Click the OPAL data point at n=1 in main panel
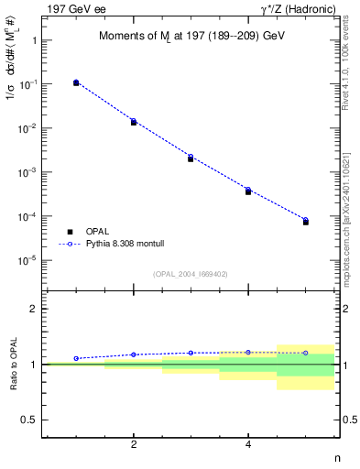(x=76, y=82)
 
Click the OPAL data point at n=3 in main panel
(x=191, y=158)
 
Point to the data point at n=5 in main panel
(x=305, y=221)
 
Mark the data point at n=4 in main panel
(x=248, y=191)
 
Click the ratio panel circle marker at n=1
(x=76, y=358)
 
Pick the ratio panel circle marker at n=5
(x=305, y=353)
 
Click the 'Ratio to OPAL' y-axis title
(x=13, y=365)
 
